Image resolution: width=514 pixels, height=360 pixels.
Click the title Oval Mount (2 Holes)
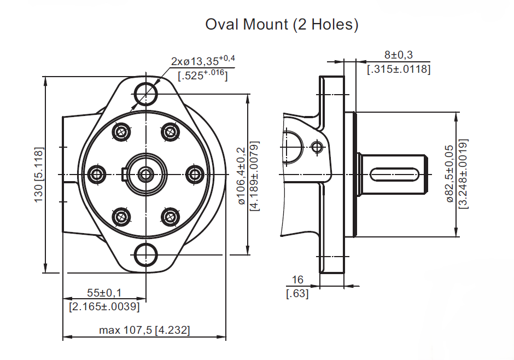point(282,25)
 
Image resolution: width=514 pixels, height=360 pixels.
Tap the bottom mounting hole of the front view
point(146,254)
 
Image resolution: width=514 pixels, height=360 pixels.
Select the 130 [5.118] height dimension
point(39,175)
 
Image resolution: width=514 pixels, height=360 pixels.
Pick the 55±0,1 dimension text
point(104,294)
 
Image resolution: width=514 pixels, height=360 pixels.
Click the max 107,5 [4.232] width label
point(144,330)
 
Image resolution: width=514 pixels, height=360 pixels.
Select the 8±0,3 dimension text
point(398,55)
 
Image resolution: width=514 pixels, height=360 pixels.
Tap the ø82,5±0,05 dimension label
point(450,174)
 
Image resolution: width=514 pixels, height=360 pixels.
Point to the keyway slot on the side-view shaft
point(394,175)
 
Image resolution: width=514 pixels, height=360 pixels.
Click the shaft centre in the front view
point(145,175)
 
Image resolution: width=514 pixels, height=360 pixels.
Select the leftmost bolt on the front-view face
point(97,175)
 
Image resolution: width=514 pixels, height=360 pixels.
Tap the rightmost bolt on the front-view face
point(194,175)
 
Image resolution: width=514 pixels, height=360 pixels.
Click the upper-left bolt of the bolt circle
point(121,132)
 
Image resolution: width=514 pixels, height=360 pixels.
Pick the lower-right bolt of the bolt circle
point(170,217)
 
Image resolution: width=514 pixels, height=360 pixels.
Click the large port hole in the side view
point(292,147)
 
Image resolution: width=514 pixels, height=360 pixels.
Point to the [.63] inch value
point(297,294)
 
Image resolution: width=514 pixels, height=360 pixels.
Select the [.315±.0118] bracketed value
point(399,69)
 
